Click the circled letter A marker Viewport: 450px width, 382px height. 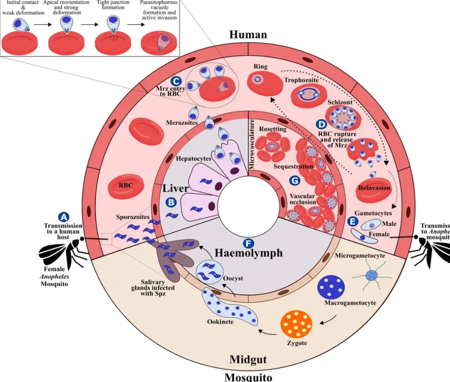click(x=64, y=217)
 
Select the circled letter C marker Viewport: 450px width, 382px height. click(x=176, y=81)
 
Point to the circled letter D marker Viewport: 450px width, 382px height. click(x=322, y=124)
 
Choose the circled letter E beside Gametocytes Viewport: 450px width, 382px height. click(x=352, y=221)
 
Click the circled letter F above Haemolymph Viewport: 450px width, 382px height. click(x=248, y=243)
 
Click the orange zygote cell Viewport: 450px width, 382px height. click(x=296, y=324)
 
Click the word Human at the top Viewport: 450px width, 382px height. click(x=248, y=34)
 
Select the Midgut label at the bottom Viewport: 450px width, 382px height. click(x=248, y=360)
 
